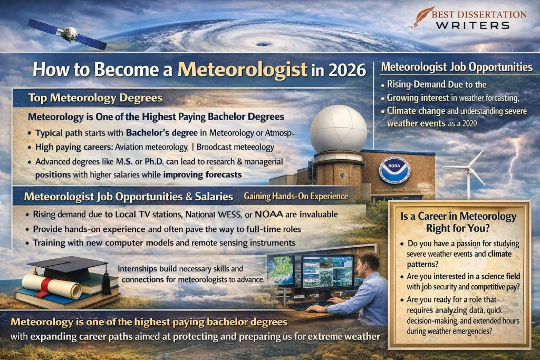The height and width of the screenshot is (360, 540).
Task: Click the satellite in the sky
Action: pyautogui.click(x=67, y=33)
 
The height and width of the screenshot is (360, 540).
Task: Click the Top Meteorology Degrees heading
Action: pyautogui.click(x=95, y=98)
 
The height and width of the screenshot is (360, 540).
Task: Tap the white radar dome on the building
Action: pyautogui.click(x=338, y=128)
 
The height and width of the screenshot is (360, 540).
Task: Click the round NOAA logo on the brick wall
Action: pyautogui.click(x=394, y=170)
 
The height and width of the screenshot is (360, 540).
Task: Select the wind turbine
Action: pyautogui.click(x=468, y=169)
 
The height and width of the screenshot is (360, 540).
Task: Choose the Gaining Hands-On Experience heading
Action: pyautogui.click(x=296, y=196)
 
